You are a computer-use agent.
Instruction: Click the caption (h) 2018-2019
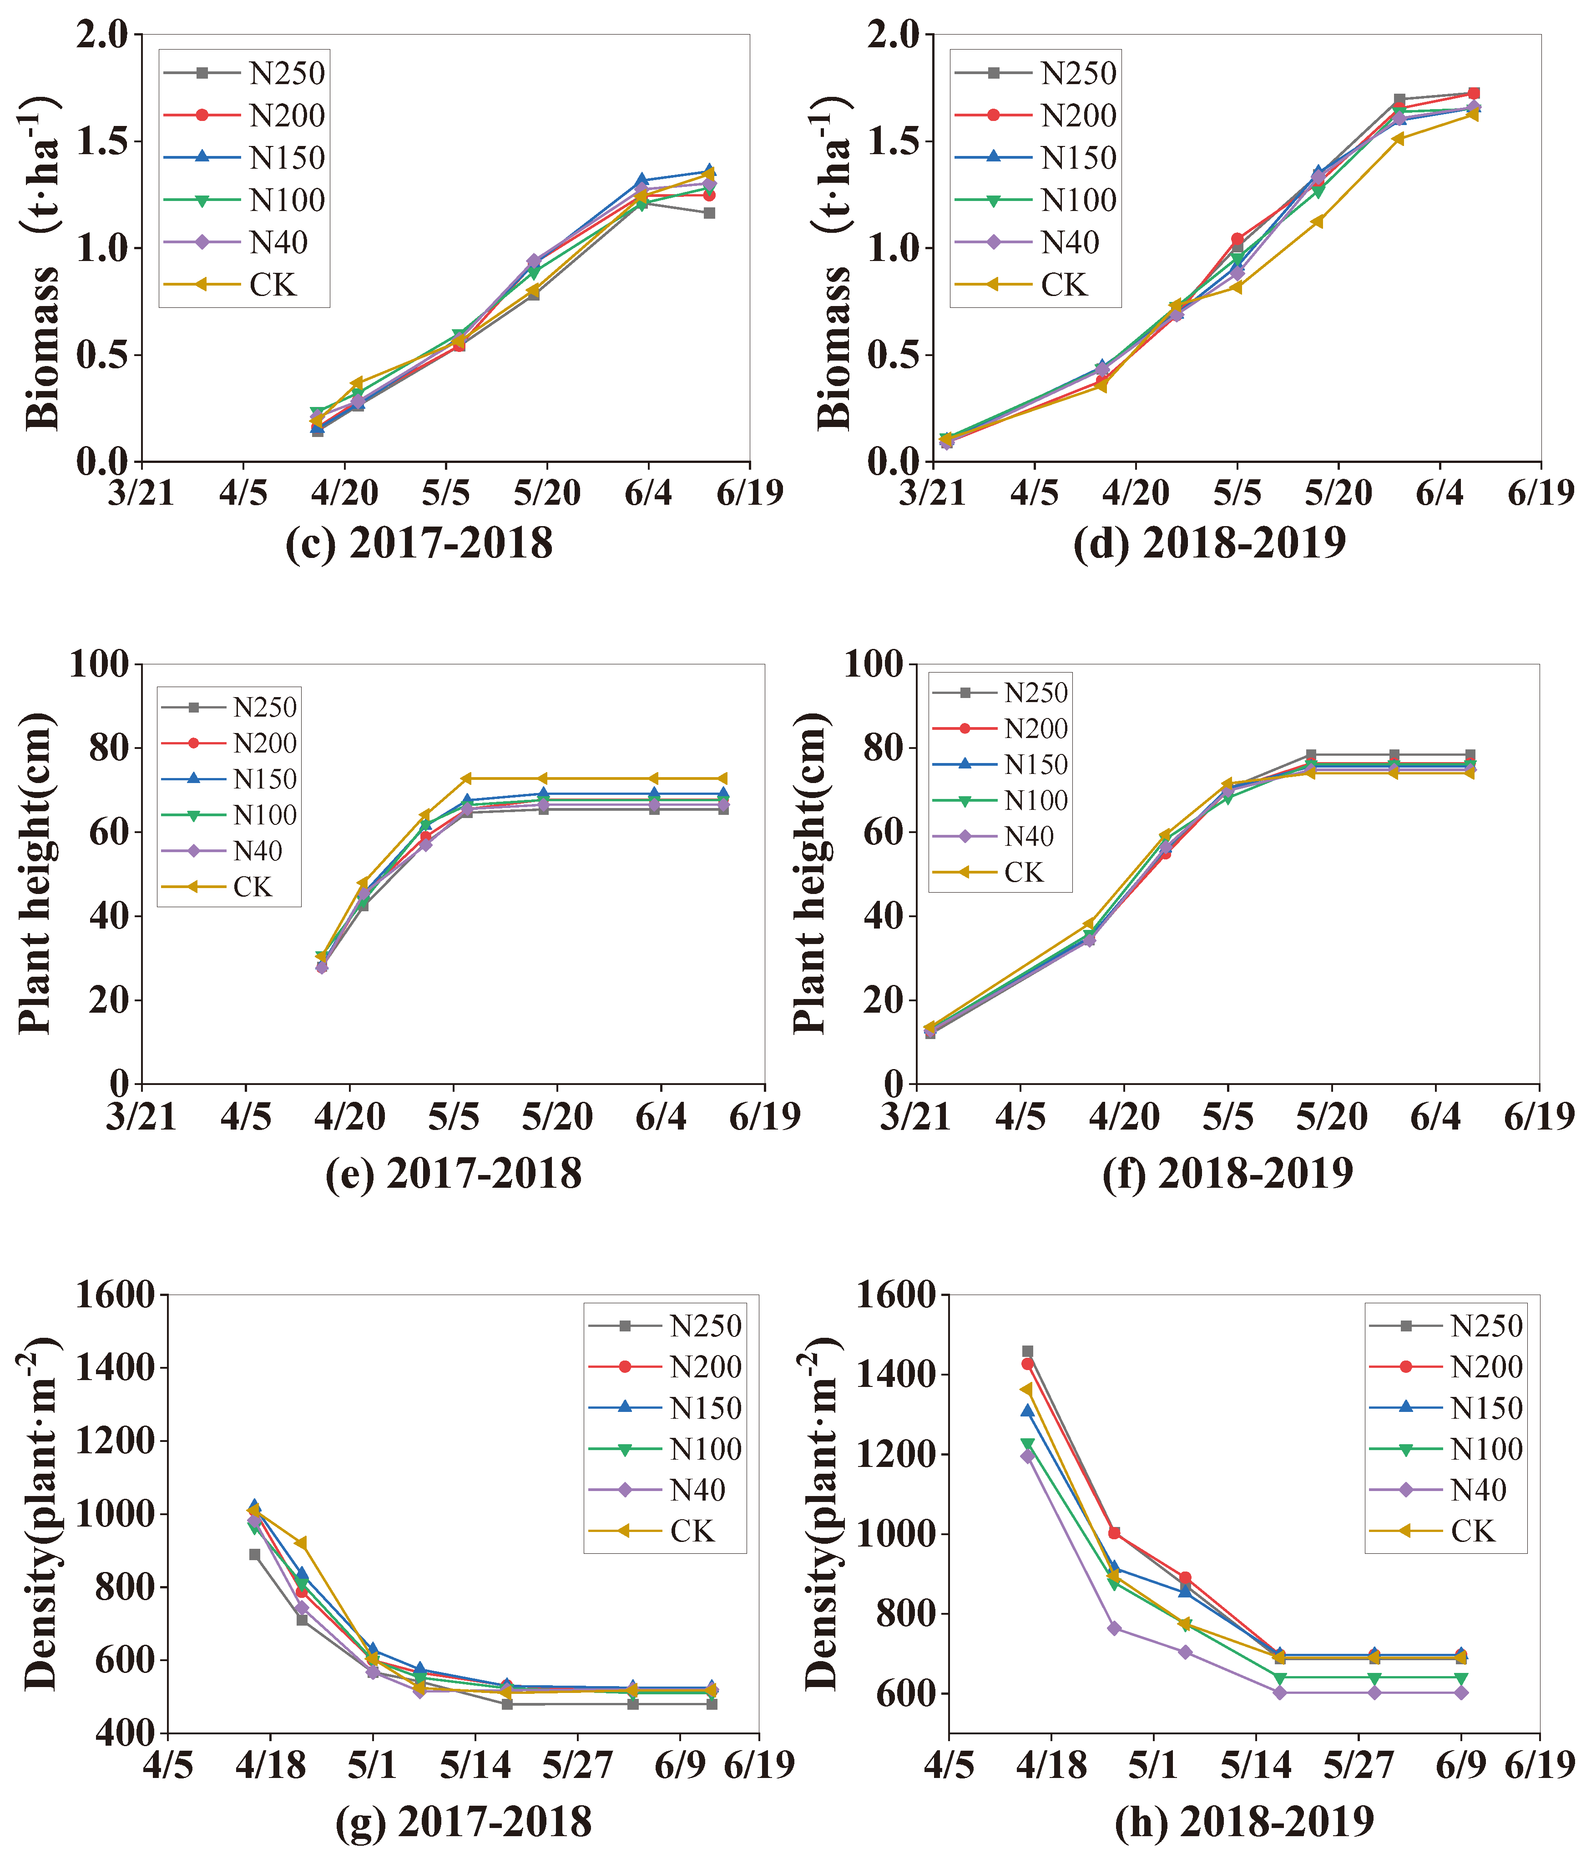[1244, 1820]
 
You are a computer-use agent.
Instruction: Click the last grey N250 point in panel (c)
[708, 213]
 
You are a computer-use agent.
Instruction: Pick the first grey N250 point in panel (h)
[1027, 1351]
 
